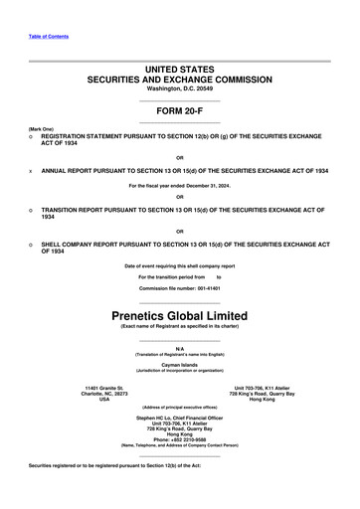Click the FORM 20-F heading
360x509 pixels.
click(180, 111)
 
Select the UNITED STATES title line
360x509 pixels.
click(180, 67)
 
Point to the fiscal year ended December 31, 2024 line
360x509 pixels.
click(180, 186)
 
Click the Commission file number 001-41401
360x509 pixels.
click(180, 287)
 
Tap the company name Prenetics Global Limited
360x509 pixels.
click(180, 315)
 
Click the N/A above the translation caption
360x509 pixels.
click(180, 348)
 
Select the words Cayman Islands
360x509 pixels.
click(180, 365)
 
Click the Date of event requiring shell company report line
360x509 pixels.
click(180, 266)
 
